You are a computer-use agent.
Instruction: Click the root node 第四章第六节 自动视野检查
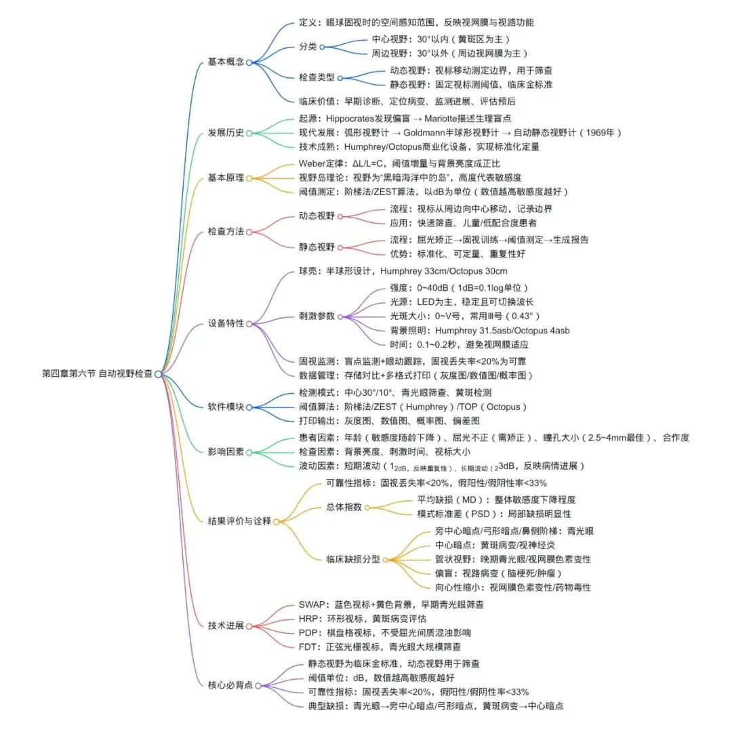click(x=97, y=373)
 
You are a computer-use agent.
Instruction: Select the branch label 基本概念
click(x=226, y=62)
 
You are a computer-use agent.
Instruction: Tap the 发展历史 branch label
click(x=226, y=133)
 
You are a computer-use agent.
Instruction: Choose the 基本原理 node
click(x=226, y=178)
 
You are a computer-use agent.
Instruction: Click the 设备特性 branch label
click(x=226, y=323)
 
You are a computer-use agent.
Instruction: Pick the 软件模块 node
click(x=226, y=407)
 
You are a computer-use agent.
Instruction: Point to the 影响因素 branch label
click(x=226, y=451)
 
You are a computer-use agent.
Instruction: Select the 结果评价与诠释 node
click(x=239, y=521)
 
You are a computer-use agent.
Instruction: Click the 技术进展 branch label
click(x=226, y=625)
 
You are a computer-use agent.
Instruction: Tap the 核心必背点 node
click(x=230, y=685)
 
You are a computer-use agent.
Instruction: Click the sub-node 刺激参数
click(x=317, y=317)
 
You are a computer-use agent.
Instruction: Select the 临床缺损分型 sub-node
click(x=352, y=560)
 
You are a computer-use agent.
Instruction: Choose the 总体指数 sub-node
click(x=344, y=507)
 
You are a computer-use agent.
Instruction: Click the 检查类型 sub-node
click(x=317, y=78)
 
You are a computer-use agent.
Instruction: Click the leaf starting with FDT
click(x=380, y=647)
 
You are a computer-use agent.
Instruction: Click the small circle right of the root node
click(x=158, y=373)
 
